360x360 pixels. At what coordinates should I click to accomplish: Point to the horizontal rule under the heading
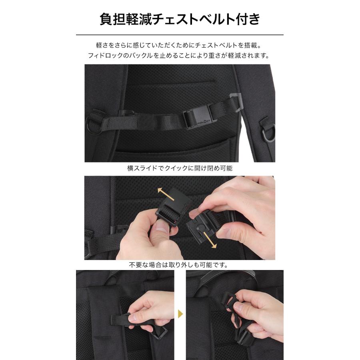click(x=180, y=35)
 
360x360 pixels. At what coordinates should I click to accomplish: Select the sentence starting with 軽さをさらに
click(x=180, y=46)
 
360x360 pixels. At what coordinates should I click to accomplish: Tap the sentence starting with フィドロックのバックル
click(x=180, y=56)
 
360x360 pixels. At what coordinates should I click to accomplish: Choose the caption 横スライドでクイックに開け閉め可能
click(x=180, y=168)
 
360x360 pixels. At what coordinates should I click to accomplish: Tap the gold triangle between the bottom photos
click(x=180, y=313)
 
